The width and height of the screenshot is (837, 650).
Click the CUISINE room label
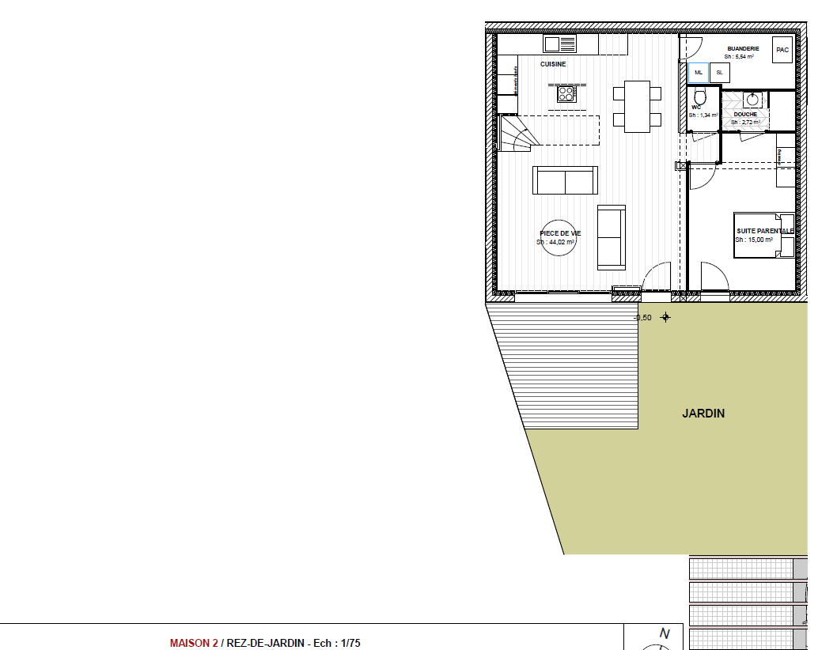pos(553,64)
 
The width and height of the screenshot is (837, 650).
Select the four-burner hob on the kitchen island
pos(566,94)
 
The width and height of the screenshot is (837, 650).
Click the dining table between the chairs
pos(637,106)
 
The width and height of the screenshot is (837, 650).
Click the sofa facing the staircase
pos(565,180)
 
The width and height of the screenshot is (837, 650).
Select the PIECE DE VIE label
pos(560,233)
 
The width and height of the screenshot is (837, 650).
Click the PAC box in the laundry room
pos(782,50)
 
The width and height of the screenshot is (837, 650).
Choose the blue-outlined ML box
pos(698,73)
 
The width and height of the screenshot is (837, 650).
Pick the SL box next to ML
pos(719,73)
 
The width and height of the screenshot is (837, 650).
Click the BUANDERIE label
pos(743,48)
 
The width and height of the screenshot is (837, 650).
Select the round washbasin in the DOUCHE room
pos(752,100)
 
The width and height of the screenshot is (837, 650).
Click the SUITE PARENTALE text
pos(764,231)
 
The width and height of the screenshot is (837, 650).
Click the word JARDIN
pos(703,413)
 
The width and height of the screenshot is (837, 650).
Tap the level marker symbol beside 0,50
pos(665,317)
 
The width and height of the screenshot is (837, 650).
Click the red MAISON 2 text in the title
pos(193,644)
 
